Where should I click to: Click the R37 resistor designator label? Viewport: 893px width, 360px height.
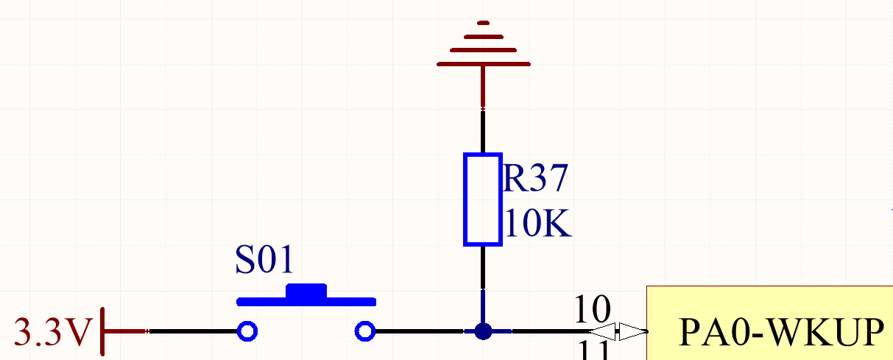(536, 179)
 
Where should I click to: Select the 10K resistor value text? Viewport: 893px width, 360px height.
(538, 224)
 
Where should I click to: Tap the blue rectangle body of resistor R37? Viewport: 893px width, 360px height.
(482, 199)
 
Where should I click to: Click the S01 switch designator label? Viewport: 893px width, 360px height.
(264, 260)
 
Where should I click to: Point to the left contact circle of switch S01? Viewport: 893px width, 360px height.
(247, 331)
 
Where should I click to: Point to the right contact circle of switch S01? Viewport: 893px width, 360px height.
(364, 331)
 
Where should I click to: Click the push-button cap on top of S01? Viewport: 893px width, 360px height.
(306, 292)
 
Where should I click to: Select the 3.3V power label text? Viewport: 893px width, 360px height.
(52, 333)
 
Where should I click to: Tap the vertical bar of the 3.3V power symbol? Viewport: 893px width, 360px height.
(101, 331)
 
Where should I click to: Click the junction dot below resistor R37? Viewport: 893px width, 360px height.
(483, 331)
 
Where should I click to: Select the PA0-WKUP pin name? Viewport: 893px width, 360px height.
(781, 333)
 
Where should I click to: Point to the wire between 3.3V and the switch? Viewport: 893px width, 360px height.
(192, 331)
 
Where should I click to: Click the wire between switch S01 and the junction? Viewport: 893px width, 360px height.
(420, 331)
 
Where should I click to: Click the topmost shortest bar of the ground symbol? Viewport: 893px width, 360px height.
(483, 24)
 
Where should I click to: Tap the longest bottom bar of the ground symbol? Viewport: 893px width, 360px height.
(483, 64)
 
